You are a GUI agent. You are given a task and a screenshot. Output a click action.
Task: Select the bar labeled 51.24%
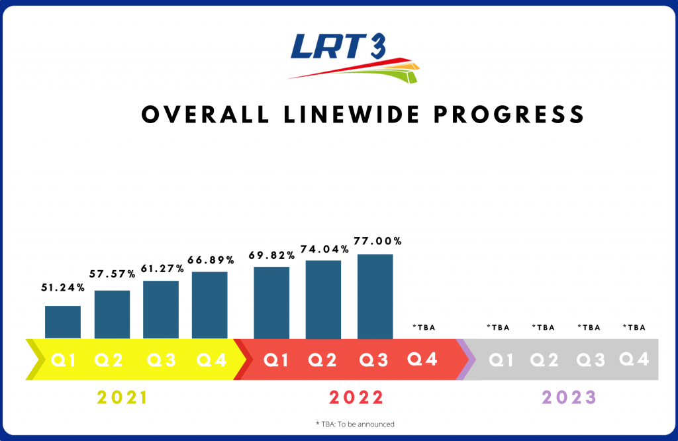[x=63, y=322]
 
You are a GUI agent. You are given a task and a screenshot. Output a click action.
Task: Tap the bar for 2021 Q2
[x=112, y=315]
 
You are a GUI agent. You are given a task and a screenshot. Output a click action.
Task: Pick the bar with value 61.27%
[x=161, y=310]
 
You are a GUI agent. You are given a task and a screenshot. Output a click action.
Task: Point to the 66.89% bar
[x=210, y=305]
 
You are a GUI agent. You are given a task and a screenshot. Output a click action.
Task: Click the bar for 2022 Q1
[x=271, y=303]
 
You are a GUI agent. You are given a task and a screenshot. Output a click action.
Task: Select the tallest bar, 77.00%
[x=375, y=297]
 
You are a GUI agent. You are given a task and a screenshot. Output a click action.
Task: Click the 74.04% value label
[x=324, y=250]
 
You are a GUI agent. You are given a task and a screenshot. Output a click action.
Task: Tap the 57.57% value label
[x=114, y=273]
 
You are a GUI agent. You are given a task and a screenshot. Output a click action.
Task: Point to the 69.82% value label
[x=271, y=256]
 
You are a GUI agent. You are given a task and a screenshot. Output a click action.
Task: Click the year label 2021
[x=122, y=398]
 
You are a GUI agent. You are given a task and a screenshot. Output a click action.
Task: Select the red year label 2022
[x=356, y=398]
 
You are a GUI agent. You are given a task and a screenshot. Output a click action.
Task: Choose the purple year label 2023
[x=569, y=398]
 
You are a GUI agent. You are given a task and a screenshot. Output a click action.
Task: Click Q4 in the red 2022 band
[x=422, y=359]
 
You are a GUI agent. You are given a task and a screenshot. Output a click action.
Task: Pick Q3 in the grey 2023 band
[x=590, y=360]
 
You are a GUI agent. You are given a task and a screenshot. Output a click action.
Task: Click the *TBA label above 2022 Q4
[x=423, y=327]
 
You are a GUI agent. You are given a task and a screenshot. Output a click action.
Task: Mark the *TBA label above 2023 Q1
[x=498, y=327]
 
